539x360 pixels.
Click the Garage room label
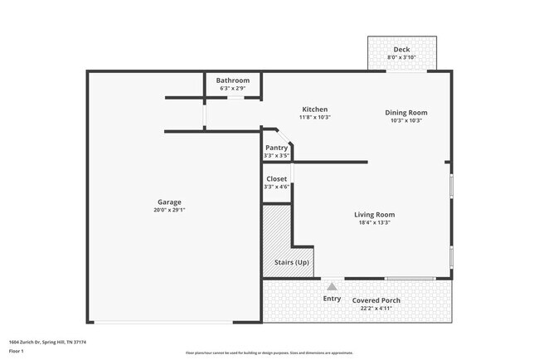(170, 202)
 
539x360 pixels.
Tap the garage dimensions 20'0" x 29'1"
(170, 211)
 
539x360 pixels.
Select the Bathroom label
(233, 80)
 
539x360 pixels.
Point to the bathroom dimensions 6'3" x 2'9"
(233, 88)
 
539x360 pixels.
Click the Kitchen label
(314, 109)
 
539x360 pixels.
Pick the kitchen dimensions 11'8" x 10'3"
(314, 118)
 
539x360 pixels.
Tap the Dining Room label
(406, 112)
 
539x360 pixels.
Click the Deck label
(401, 49)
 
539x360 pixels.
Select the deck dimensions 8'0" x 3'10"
(401, 57)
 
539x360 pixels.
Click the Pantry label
(276, 148)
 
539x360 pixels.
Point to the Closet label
(276, 179)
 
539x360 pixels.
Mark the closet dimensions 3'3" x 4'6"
(276, 187)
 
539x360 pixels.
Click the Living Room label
(374, 215)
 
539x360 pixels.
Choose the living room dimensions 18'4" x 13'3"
(374, 222)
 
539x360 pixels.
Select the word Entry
(332, 299)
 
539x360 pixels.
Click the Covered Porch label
(376, 300)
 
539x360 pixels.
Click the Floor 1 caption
(17, 351)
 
